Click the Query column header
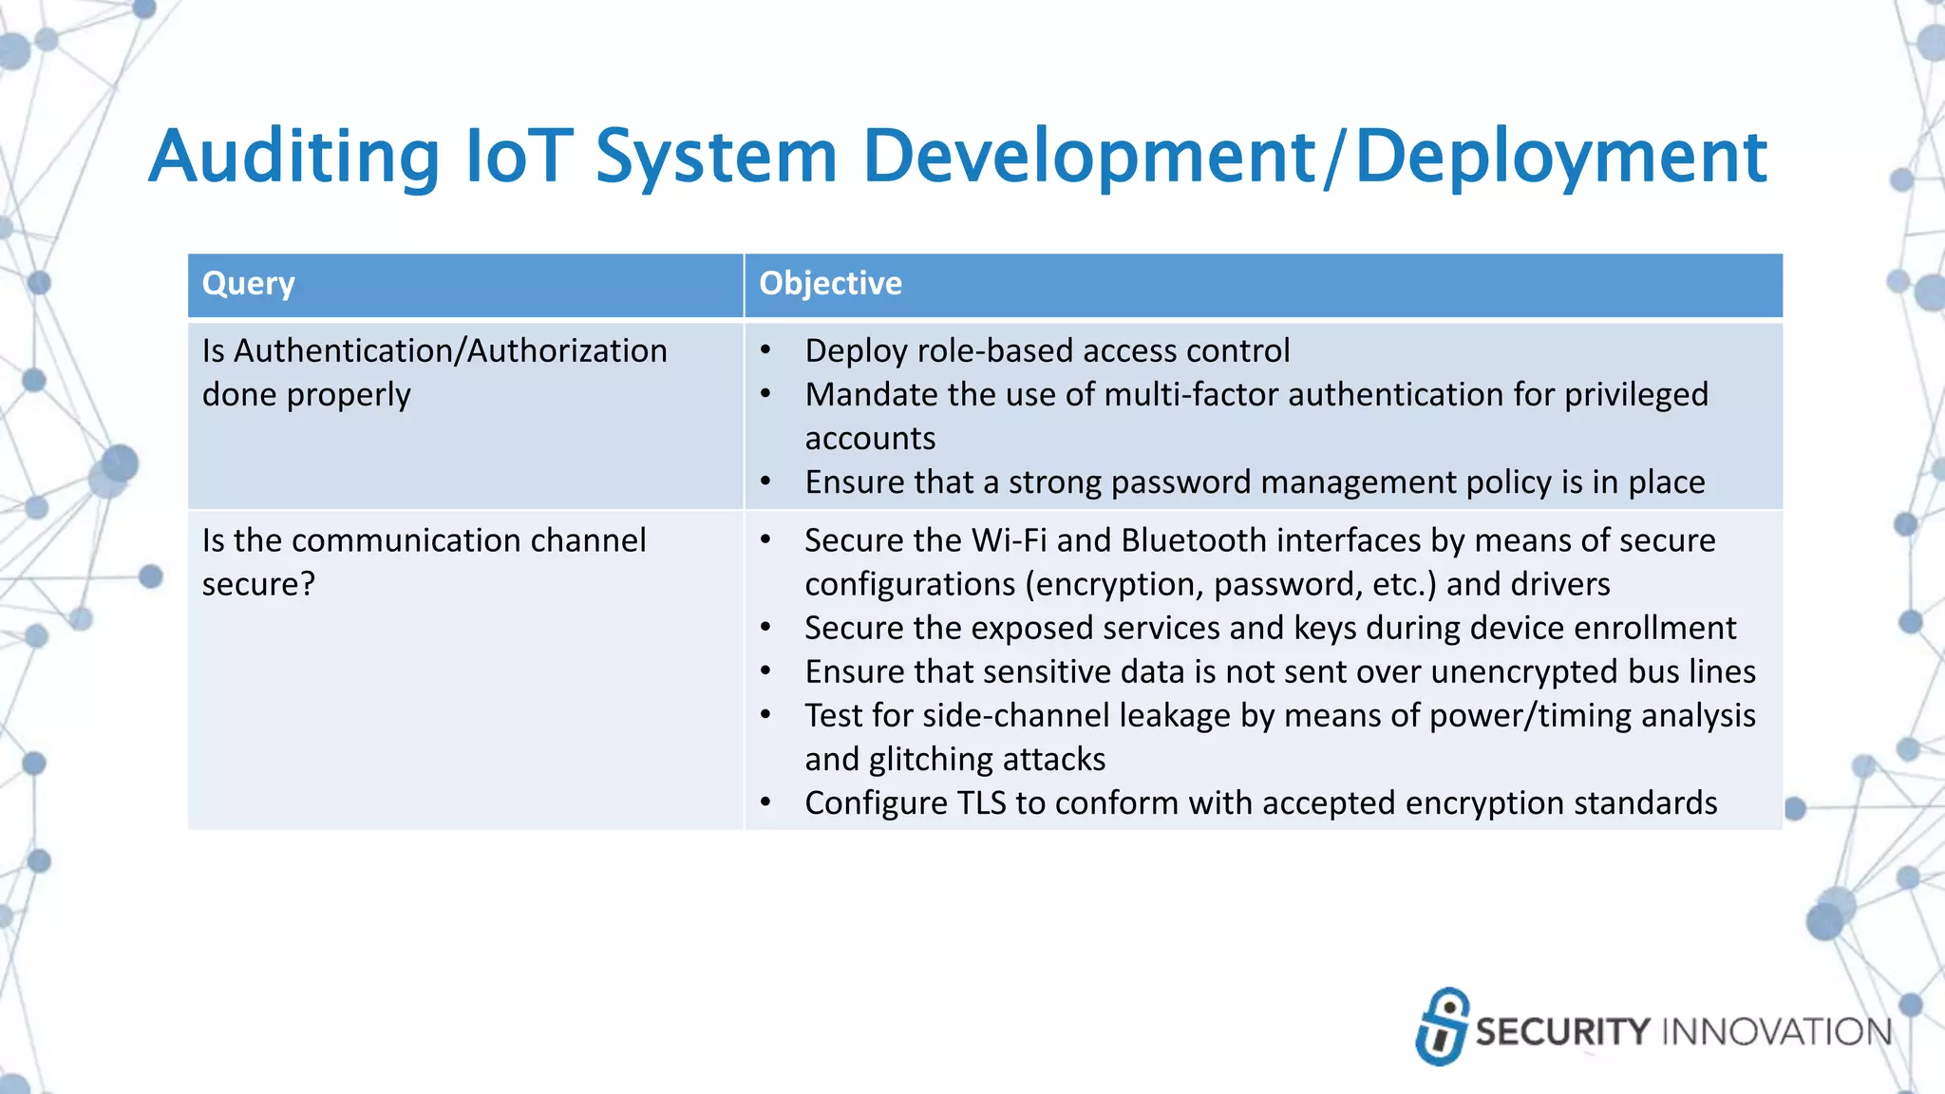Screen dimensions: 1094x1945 tap(249, 284)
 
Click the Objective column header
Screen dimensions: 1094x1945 tap(830, 284)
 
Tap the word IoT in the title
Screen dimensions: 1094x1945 tap(519, 157)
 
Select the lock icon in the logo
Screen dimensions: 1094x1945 tap(1443, 1027)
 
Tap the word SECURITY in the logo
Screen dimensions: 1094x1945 tap(1562, 1032)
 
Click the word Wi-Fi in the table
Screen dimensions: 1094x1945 tap(1010, 540)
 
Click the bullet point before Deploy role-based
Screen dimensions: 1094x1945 tap(765, 351)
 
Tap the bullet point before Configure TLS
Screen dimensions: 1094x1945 tap(765, 803)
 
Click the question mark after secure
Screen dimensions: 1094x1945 tap(308, 584)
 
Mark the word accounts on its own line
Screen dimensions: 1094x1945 tap(870, 439)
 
